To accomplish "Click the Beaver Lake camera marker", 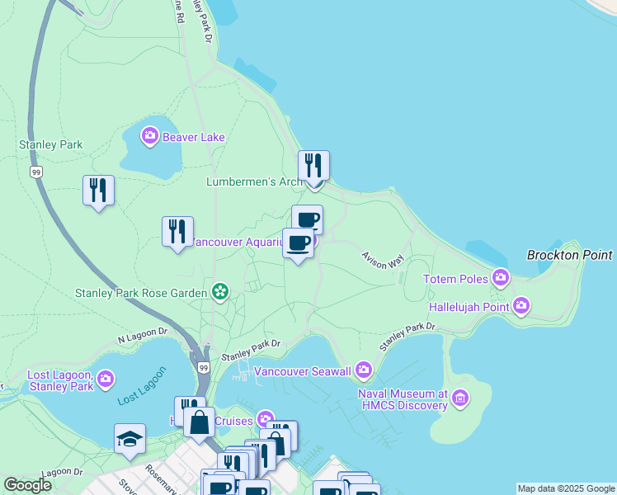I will tap(149, 135).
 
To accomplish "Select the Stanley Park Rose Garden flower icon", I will tap(220, 291).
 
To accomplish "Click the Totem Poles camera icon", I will tap(500, 278).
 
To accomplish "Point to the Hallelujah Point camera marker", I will tap(520, 306).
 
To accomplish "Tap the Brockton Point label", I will tap(570, 255).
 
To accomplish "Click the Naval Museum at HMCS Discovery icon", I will tap(460, 399).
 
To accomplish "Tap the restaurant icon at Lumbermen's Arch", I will tap(313, 166).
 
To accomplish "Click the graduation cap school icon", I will tap(130, 439).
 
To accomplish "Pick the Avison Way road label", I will tap(383, 258).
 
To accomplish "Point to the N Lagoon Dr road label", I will tap(142, 337).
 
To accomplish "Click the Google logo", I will tap(27, 485).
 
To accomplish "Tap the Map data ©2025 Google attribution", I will tap(567, 488).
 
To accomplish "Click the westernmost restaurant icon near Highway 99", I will tap(98, 191).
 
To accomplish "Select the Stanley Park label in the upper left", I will tap(51, 144).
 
